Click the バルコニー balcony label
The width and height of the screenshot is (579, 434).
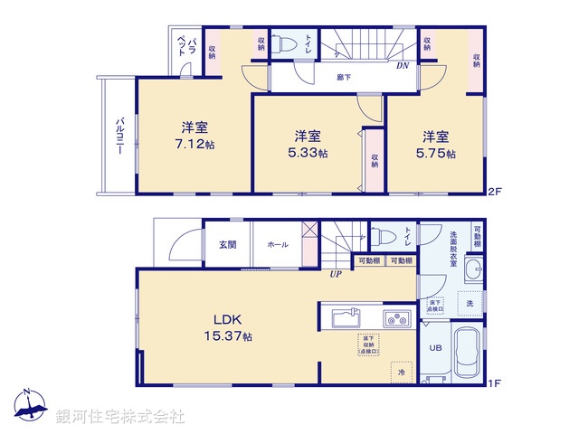click(x=119, y=135)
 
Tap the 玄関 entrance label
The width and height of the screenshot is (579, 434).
click(x=227, y=244)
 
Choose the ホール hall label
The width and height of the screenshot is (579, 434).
click(x=277, y=244)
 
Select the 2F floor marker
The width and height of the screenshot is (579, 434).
click(x=494, y=192)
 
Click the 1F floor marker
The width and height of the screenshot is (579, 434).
click(x=494, y=384)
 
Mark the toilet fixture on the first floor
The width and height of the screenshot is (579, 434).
click(x=384, y=238)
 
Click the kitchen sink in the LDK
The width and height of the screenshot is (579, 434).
click(x=346, y=319)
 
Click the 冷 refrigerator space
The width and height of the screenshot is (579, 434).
click(x=401, y=370)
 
